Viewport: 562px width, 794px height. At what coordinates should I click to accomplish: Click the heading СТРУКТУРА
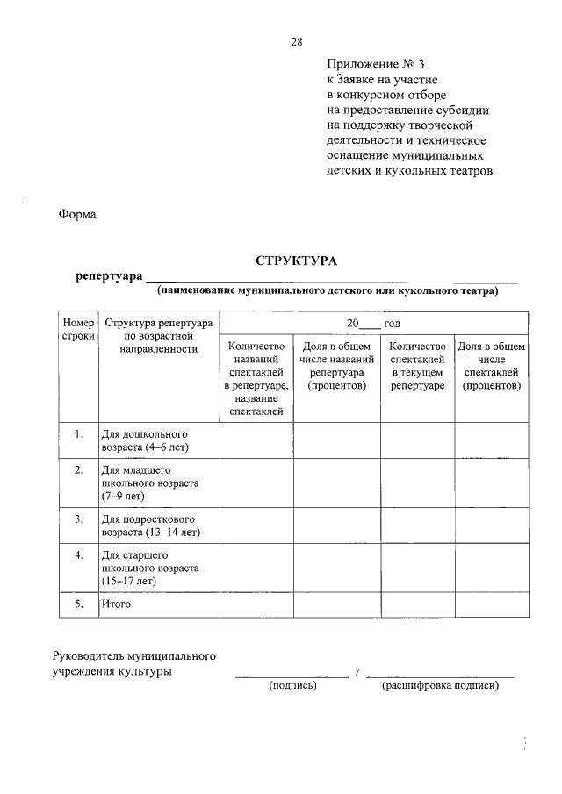point(296,261)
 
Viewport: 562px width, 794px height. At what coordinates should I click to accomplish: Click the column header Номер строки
point(77,330)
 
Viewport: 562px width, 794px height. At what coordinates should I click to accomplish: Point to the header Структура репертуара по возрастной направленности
point(158,336)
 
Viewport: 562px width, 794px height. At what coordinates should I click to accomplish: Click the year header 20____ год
point(372,323)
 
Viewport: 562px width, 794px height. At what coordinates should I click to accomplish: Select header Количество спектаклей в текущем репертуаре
point(417,366)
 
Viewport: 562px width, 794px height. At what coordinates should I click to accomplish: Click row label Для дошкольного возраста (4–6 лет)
point(145,440)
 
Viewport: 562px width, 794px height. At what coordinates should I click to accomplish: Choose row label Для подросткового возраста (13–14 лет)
point(150,525)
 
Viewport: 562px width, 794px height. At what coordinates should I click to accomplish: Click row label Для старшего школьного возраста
point(149,568)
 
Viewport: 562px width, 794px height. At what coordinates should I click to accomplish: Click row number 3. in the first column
point(78,519)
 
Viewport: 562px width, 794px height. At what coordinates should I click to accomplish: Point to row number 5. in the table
point(78,604)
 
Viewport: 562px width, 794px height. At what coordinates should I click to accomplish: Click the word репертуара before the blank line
point(109,276)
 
